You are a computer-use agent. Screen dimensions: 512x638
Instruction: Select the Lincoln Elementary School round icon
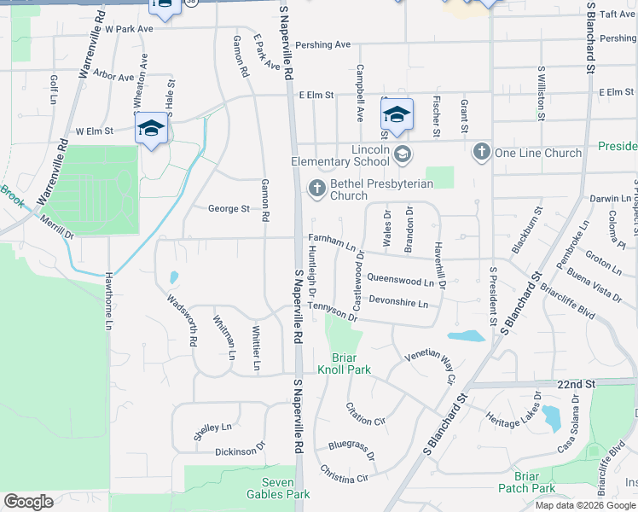click(402, 154)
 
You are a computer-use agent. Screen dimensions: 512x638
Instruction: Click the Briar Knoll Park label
click(345, 364)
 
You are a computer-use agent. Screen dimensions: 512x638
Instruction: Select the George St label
click(229, 208)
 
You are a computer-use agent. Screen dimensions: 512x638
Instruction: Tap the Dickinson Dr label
click(241, 451)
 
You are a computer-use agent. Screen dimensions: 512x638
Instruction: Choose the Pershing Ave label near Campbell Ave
click(324, 44)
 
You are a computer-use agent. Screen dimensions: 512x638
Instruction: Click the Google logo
click(28, 502)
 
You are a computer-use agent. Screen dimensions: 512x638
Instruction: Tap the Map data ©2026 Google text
click(584, 505)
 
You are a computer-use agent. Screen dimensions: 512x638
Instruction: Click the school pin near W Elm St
click(151, 129)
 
